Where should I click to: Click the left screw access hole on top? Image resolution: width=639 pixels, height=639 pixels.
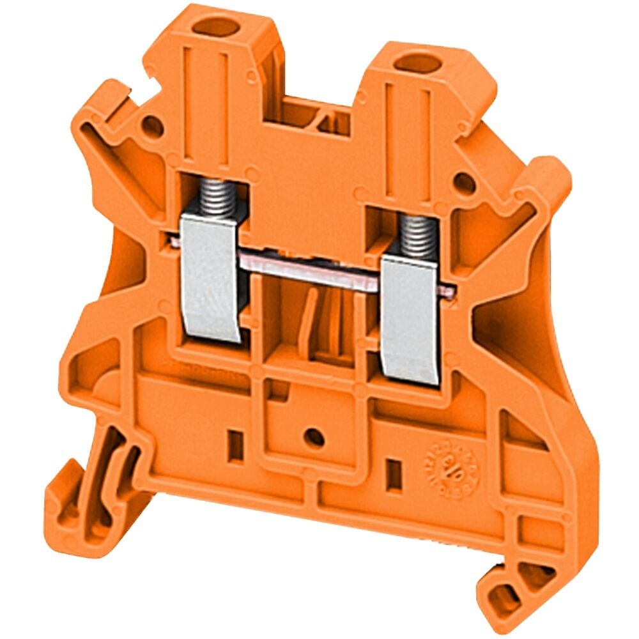coord(217,27)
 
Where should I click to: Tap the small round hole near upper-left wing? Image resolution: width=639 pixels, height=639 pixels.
coord(153,125)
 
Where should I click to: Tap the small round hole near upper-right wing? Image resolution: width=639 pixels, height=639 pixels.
coord(465,183)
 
